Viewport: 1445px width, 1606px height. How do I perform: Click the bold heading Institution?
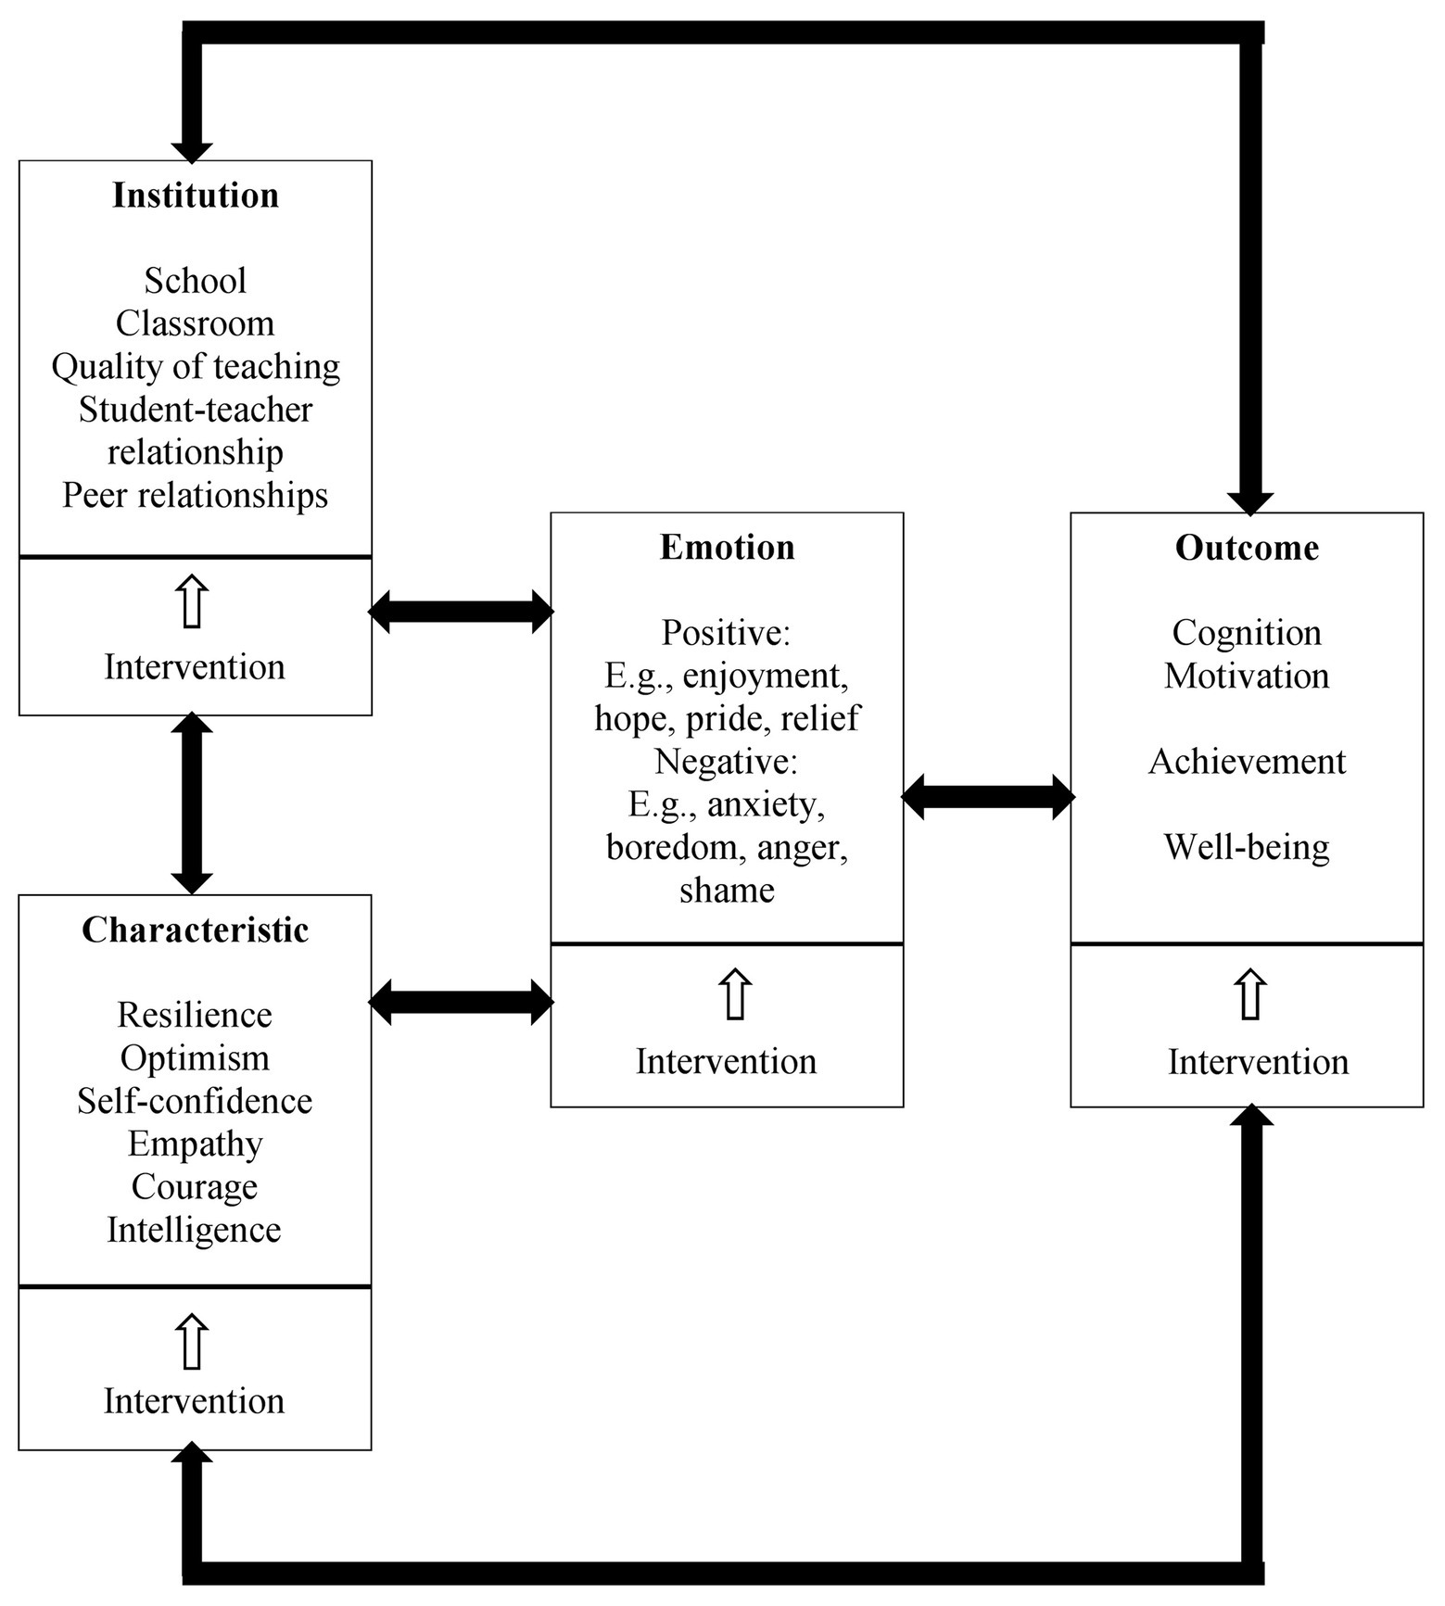196,196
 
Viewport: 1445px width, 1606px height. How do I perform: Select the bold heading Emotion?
727,548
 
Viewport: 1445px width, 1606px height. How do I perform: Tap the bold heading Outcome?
1247,548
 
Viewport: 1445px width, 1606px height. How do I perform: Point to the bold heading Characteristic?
195,930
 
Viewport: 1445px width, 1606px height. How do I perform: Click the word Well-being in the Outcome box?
1247,847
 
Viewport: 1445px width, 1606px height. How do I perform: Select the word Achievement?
1247,762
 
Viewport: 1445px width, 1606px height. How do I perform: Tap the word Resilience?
195,1016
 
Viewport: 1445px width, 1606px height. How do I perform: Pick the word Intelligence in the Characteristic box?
195,1231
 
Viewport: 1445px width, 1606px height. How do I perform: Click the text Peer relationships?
195,496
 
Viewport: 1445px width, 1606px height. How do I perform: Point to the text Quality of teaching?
196,367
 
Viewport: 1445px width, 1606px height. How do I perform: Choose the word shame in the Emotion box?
727,891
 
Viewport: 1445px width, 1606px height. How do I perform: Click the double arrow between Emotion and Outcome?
987,797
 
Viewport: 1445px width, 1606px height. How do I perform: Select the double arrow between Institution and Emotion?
461,612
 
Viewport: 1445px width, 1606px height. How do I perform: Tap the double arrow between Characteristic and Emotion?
461,1002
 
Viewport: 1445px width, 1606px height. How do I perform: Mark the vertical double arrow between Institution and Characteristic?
192,804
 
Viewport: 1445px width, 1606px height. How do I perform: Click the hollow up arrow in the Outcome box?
1250,995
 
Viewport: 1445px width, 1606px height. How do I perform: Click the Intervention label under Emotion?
727,1062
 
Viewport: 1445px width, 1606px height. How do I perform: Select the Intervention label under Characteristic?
195,1401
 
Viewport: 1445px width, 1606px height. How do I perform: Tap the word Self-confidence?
195,1102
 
